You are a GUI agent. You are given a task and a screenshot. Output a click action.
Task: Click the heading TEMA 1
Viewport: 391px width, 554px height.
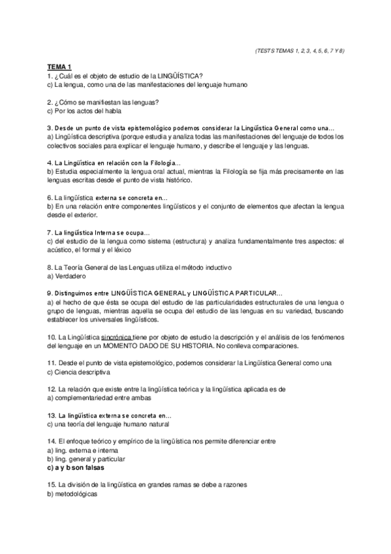point(59,67)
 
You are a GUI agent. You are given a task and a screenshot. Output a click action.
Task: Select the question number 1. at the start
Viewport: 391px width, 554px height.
point(50,76)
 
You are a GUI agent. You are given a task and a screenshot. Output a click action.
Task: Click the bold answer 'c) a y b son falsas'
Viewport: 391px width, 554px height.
point(75,468)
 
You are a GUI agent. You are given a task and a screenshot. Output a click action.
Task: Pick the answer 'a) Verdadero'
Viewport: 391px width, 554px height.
point(64,276)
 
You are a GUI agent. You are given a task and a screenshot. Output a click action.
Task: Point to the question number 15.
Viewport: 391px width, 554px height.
point(52,485)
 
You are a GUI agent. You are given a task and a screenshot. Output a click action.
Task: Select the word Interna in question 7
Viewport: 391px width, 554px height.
point(109,232)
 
